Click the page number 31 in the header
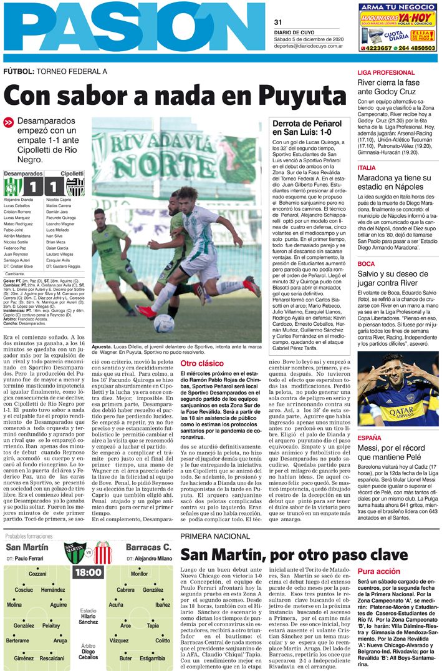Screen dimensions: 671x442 278,22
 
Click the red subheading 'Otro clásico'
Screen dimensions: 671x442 201,363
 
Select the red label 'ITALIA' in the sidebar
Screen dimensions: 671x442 367,168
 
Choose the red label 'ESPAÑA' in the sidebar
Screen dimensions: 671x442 369,438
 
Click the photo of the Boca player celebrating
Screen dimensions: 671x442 398,389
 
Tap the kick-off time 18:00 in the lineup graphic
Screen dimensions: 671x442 88,572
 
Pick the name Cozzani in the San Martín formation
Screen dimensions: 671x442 37,574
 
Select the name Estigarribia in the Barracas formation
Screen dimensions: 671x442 152,658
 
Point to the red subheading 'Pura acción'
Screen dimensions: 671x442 379,571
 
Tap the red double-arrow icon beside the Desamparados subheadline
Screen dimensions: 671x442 9,123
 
